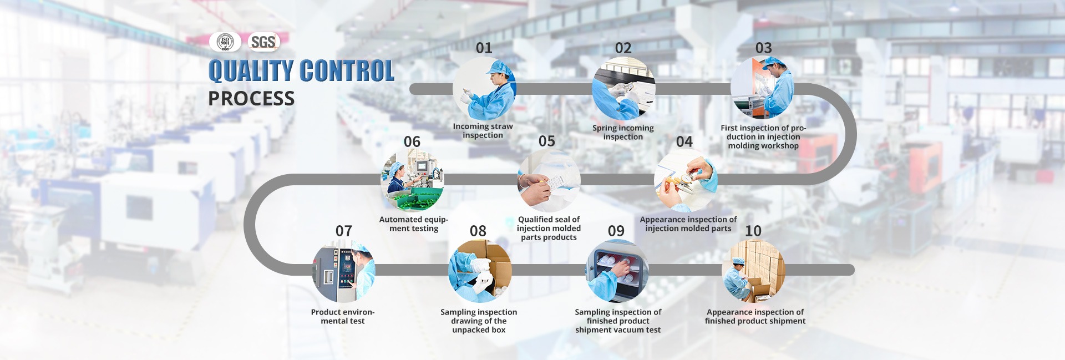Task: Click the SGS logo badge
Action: pos(263,42)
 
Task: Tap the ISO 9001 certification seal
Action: pos(225,42)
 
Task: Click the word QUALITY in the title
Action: pos(251,71)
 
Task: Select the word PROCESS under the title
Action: pos(251,99)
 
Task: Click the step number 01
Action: pos(484,48)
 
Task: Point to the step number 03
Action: pos(764,48)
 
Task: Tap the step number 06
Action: pos(412,142)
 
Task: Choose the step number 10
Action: pos(753,231)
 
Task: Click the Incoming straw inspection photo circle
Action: pos(484,89)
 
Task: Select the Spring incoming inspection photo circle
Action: pos(623,89)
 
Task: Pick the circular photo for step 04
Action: pos(686,180)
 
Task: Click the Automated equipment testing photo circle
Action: pos(412,180)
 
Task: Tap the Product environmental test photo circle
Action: pos(344,271)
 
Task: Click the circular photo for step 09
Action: pos(618,271)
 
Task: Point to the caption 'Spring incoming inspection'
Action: pos(623,132)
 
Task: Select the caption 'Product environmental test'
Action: pos(343,316)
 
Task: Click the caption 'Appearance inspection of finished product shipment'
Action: pos(755,316)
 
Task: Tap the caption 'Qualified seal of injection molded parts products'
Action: pos(549,228)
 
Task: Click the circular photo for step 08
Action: pos(480,271)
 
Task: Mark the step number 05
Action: pos(547,141)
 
